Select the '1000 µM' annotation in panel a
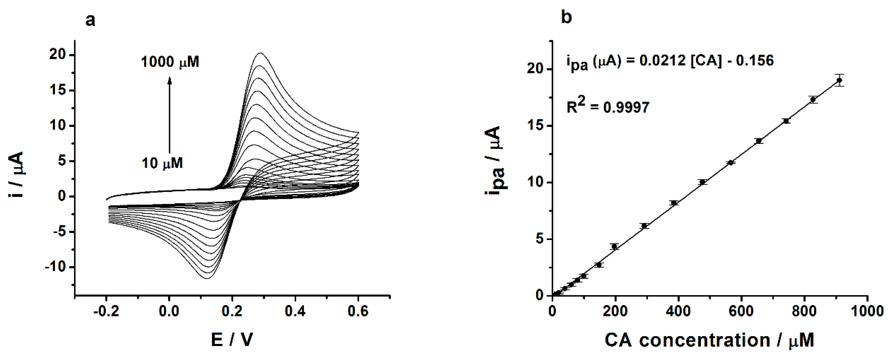(170, 62)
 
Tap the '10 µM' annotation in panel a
(162, 163)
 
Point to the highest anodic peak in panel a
(260, 53)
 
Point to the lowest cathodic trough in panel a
(206, 278)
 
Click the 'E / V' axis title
(232, 340)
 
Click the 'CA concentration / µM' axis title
(710, 340)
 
